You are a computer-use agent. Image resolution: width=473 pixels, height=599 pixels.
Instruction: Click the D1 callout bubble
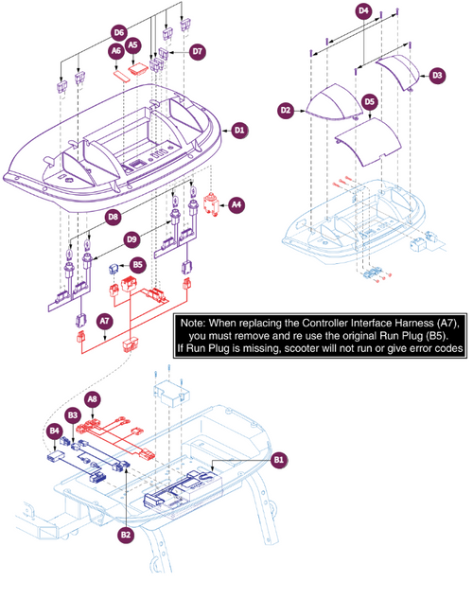(x=240, y=129)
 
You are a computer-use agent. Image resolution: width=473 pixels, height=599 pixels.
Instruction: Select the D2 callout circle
(x=286, y=111)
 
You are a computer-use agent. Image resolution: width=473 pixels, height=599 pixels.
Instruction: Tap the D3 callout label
(x=436, y=75)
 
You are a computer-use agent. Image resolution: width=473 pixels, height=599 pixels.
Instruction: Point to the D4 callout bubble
(x=362, y=11)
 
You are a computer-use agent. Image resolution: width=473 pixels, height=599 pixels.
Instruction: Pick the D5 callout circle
(x=370, y=100)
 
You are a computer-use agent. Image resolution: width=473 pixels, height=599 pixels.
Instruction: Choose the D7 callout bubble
(x=197, y=49)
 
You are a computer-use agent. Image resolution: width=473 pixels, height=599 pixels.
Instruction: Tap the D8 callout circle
(x=114, y=217)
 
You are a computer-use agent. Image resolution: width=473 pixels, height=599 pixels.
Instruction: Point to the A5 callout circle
(x=133, y=44)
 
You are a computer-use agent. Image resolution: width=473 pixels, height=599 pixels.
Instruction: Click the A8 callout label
(x=92, y=398)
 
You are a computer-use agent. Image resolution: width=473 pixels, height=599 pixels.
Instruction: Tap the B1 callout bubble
(x=278, y=460)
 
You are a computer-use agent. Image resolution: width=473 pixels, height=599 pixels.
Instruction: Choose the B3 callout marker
(x=72, y=414)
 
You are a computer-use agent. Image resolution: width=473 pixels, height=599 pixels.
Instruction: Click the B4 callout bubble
(x=53, y=432)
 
